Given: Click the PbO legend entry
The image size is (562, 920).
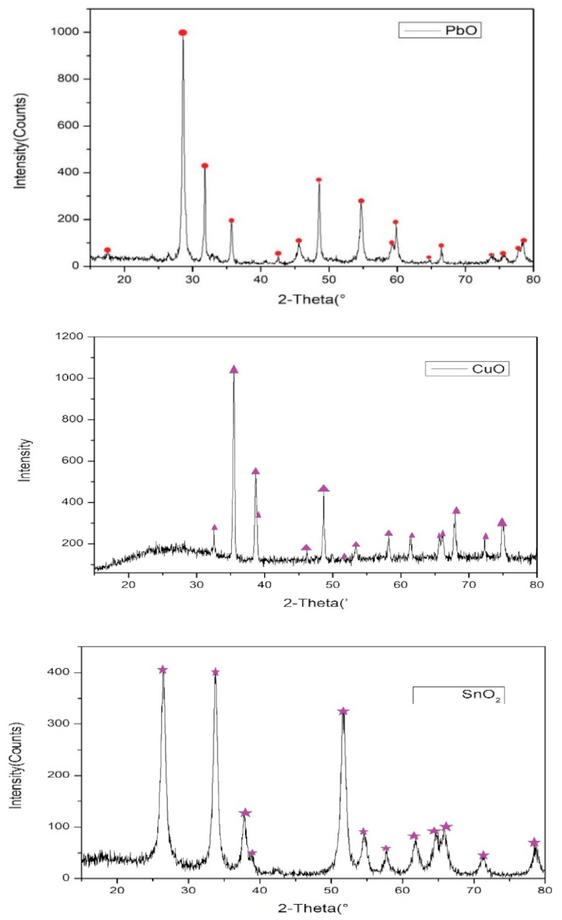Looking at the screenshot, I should point(460,31).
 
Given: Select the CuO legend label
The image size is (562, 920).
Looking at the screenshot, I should point(488,368).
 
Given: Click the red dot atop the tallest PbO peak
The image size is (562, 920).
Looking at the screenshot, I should point(183,32).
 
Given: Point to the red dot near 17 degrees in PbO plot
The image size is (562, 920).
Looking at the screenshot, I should point(107,250).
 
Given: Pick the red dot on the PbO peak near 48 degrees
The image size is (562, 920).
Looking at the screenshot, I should point(319,180).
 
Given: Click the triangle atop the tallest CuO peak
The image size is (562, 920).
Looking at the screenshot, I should point(234,370).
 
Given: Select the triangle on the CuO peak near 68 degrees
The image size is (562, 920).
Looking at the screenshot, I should point(456,511).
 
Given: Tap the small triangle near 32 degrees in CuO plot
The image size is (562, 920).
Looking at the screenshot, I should point(214,527).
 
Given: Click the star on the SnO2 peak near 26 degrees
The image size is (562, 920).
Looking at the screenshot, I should point(163,670).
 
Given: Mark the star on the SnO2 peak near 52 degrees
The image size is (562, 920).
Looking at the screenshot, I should point(343,711).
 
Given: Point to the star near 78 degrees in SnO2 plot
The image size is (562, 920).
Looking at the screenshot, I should point(533,842).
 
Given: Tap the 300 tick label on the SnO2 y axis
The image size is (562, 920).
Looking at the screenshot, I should point(58,723).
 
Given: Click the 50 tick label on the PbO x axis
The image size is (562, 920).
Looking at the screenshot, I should point(329,279).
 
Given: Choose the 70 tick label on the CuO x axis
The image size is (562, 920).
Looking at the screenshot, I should point(468,585).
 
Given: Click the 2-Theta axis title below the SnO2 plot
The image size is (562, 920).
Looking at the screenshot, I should point(313,908).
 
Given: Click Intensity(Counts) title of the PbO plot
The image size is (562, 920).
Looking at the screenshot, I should point(21,141).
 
